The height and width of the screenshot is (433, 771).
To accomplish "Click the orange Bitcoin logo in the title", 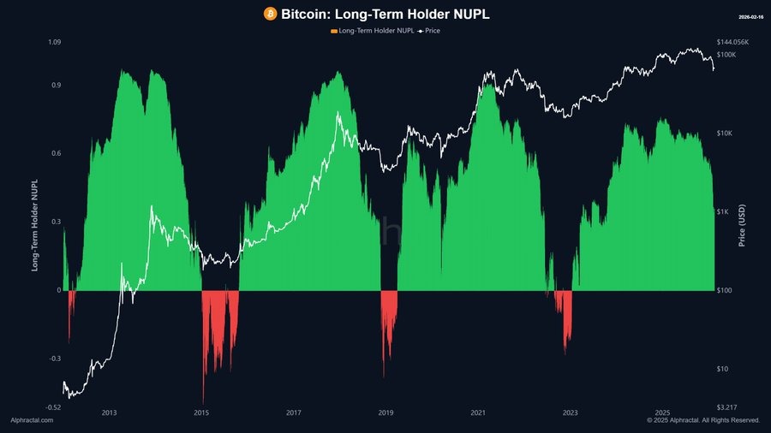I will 270,14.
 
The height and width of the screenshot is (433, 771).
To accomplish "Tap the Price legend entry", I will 429,31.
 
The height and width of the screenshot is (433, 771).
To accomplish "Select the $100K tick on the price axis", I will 726,55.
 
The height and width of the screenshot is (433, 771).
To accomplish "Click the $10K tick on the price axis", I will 724,133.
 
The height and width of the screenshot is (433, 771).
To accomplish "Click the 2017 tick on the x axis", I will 294,412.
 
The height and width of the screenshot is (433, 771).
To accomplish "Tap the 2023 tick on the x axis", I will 571,412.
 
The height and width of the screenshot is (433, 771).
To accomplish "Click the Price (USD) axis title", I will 742,227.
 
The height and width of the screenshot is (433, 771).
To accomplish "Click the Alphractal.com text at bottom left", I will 32,420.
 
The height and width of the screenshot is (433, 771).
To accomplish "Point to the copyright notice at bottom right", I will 703,420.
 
